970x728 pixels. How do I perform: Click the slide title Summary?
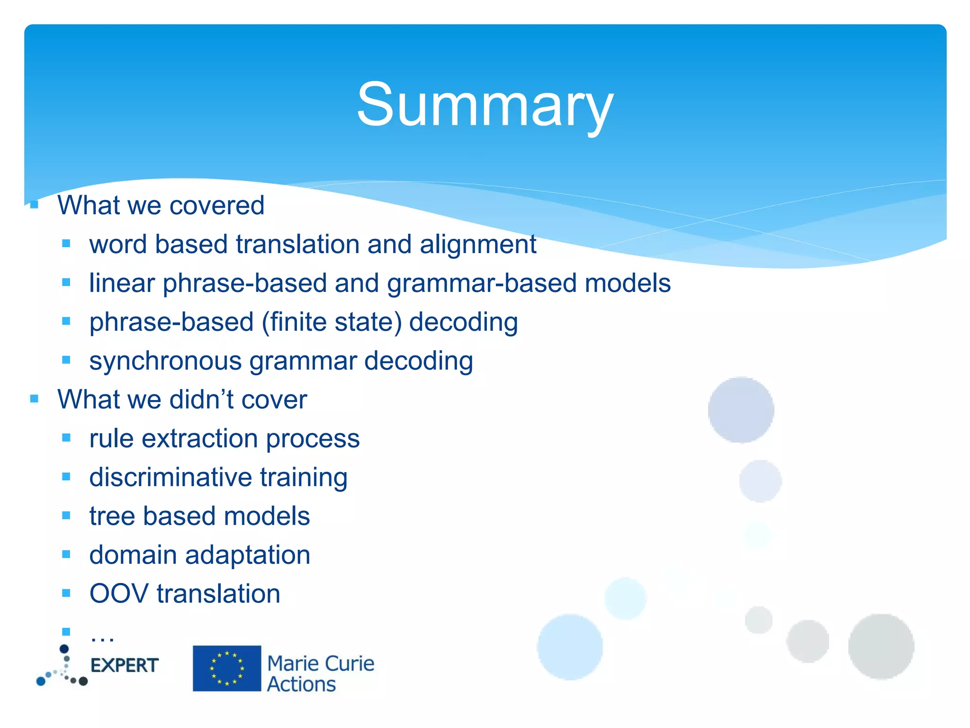[485, 104]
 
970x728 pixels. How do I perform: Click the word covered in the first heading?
[216, 205]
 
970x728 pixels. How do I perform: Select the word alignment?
[478, 245]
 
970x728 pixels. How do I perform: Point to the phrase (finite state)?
[332, 322]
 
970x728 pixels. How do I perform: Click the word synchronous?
[165, 361]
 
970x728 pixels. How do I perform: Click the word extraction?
[199, 438]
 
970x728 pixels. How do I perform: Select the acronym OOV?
[119, 594]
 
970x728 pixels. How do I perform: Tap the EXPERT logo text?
[124, 665]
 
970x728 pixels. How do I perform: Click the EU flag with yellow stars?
[227, 668]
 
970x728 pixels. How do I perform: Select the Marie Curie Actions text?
[320, 673]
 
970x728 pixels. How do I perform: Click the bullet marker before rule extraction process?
[66, 438]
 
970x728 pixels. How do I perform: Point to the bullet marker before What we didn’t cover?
[34, 399]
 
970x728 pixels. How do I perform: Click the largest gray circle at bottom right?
[880, 646]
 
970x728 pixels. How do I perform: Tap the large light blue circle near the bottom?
[570, 647]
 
